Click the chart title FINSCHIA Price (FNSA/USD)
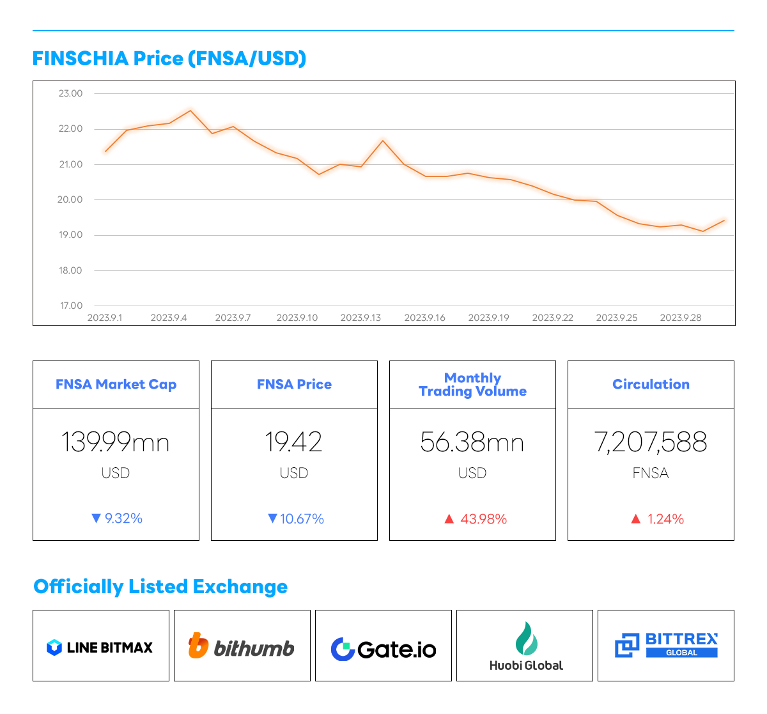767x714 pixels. (169, 59)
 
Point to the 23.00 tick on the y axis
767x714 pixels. (71, 93)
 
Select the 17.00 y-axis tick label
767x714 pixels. (71, 306)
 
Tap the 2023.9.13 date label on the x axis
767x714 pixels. (360, 318)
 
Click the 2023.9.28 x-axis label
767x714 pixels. (680, 318)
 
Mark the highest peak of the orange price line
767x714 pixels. (190, 111)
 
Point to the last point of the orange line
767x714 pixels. (724, 221)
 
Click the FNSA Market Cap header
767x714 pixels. (116, 384)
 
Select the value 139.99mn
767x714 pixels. (116, 442)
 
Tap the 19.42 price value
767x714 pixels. (294, 442)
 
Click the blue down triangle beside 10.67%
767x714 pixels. (272, 518)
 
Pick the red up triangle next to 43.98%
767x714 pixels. (449, 519)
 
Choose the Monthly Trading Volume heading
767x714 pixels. (472, 384)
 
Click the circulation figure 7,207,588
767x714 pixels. (651, 442)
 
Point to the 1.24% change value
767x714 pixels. (665, 519)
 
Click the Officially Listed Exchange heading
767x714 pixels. (160, 587)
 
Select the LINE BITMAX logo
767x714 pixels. (100, 648)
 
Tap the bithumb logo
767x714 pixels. (242, 647)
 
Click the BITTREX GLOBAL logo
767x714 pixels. (666, 645)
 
